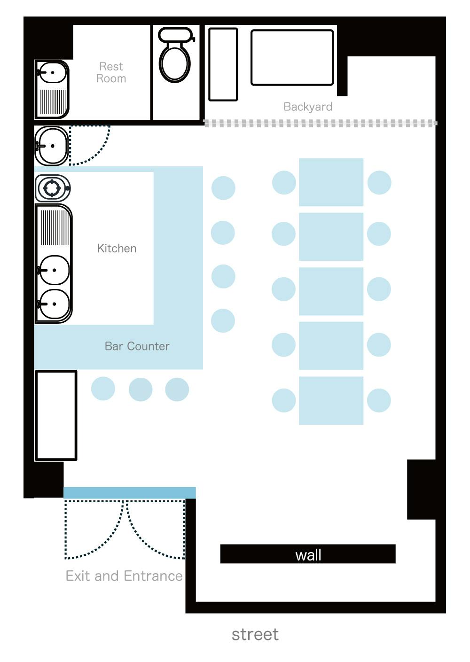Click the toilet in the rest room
[x=175, y=55]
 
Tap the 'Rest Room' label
[x=111, y=72]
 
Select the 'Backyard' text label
[x=308, y=107]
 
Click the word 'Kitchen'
[x=117, y=248]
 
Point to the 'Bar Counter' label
[x=137, y=346]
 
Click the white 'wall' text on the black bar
[x=308, y=555]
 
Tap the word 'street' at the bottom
[x=255, y=635]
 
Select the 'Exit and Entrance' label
[x=124, y=576]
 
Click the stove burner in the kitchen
[x=52, y=188]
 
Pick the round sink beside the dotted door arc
[x=52, y=146]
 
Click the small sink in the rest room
[x=52, y=72]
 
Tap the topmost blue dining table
[x=331, y=182]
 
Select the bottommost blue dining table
[x=331, y=400]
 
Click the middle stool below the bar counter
[x=141, y=389]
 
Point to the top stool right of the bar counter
[x=223, y=188]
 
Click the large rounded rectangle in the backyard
[x=292, y=57]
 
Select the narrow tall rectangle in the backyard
[x=223, y=64]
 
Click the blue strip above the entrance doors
[x=129, y=493]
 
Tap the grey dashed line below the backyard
[x=321, y=123]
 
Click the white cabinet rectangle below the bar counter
[x=56, y=415]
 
